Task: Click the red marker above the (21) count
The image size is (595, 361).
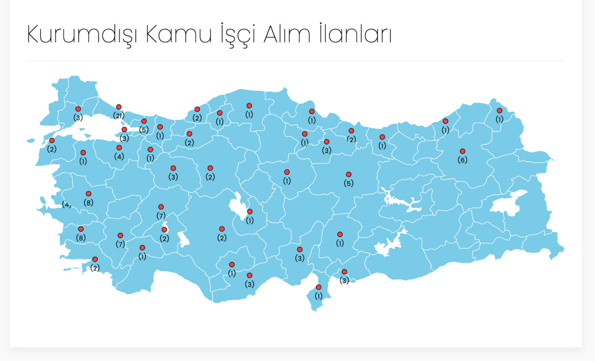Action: point(119,107)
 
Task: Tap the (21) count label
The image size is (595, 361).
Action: point(119,116)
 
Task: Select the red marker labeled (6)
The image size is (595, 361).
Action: point(463,151)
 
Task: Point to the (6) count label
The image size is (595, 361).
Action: point(463,160)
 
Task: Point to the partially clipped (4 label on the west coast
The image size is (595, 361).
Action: point(67,204)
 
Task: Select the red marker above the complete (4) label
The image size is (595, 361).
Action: point(119,148)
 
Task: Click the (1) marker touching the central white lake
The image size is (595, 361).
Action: point(250,212)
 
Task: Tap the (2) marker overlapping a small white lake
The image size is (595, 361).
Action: point(164,230)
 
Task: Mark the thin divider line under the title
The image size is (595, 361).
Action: point(295,61)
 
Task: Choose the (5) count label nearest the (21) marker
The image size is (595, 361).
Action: point(144,129)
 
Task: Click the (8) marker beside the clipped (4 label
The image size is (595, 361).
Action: point(88,194)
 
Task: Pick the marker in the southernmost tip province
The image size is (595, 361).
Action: point(318,287)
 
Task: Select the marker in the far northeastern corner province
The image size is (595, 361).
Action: point(499,111)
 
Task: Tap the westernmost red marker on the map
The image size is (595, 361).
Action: point(52,140)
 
